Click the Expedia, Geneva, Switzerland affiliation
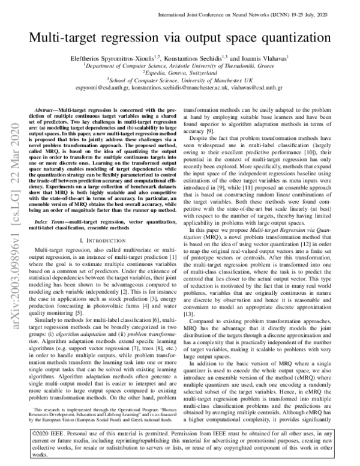coord(180,74)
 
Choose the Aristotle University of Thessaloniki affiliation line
coord(180,67)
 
